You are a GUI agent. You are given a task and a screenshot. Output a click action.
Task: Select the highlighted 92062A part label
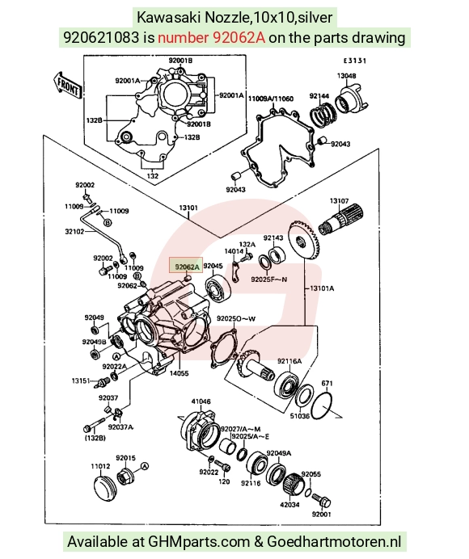[186, 267]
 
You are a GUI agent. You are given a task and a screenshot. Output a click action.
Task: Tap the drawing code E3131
[354, 61]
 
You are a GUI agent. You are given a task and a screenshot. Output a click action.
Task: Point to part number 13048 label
[346, 76]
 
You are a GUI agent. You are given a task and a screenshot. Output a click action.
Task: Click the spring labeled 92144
[323, 114]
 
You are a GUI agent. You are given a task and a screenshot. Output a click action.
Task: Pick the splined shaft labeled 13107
[340, 219]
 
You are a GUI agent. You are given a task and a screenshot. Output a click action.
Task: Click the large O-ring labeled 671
[321, 406]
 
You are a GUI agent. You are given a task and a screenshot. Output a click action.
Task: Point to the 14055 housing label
[179, 373]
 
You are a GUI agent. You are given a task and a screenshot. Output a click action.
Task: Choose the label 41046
[201, 401]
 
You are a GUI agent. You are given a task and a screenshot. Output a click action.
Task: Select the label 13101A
[321, 288]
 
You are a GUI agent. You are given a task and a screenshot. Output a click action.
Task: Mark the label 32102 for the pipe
[74, 231]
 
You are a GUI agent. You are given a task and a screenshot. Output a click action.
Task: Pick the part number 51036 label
[299, 416]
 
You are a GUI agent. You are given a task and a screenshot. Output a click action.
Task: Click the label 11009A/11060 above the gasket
[271, 99]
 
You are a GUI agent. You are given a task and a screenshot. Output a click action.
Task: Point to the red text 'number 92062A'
[211, 37]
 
